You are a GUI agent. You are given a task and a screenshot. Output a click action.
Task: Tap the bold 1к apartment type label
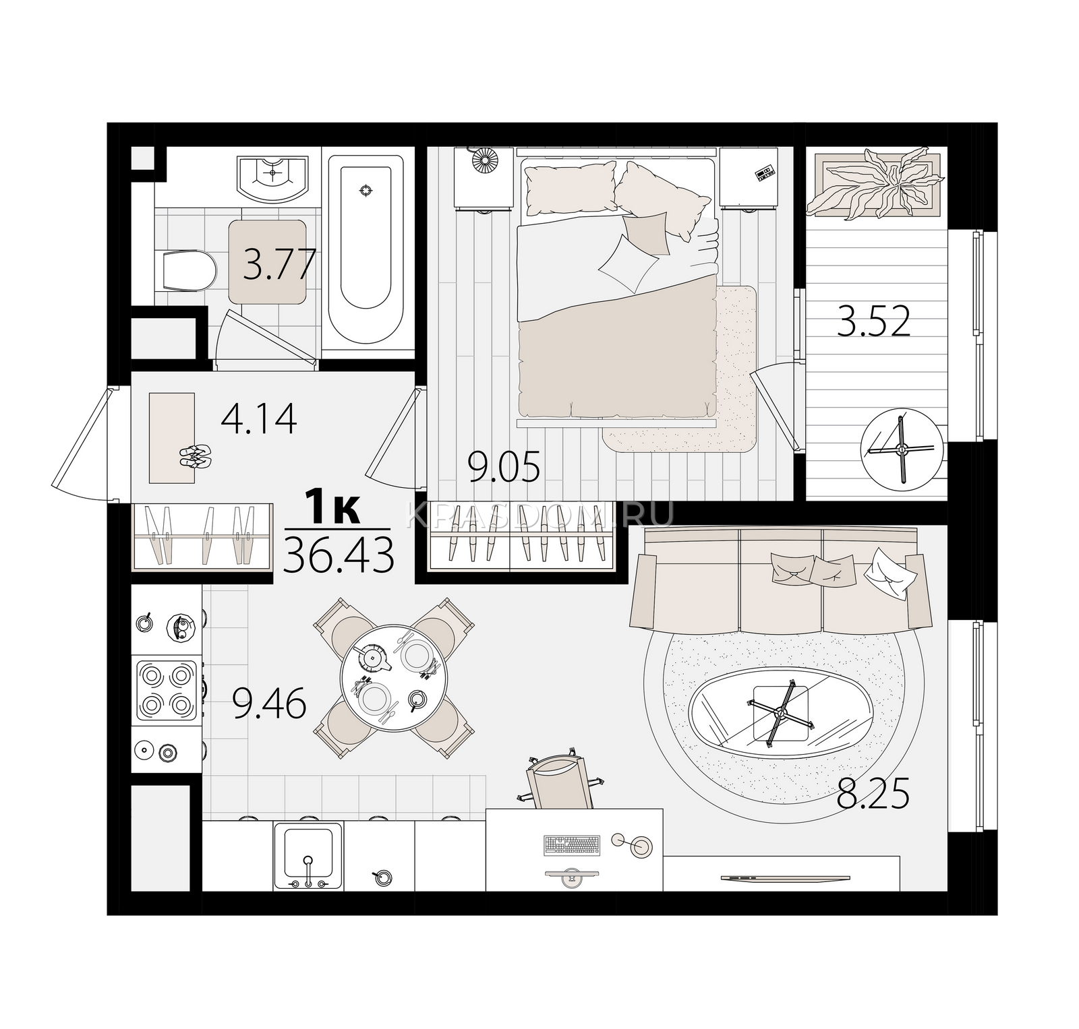click(x=332, y=507)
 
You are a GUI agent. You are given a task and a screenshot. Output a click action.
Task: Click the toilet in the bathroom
click(x=189, y=272)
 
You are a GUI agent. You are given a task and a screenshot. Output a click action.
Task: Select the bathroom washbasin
click(x=272, y=178)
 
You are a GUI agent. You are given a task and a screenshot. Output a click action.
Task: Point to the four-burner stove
click(x=167, y=690)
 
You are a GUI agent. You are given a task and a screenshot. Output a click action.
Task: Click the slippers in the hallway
click(x=196, y=457)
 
